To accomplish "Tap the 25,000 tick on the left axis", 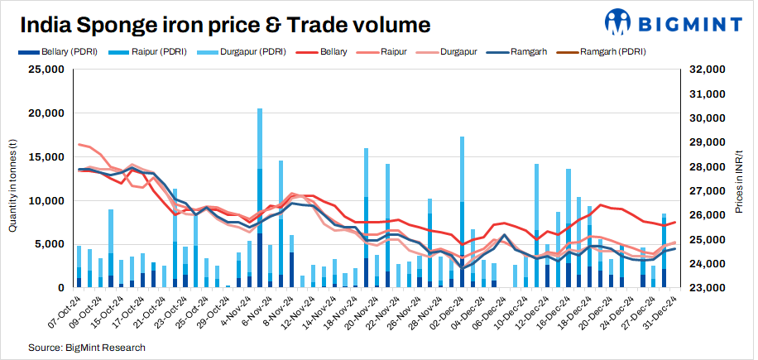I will (46, 70).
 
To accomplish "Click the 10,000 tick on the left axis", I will (46, 200).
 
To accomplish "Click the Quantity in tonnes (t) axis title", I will (12, 178).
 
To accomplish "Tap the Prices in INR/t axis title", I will (739, 178).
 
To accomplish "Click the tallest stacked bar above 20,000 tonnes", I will (260, 199).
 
